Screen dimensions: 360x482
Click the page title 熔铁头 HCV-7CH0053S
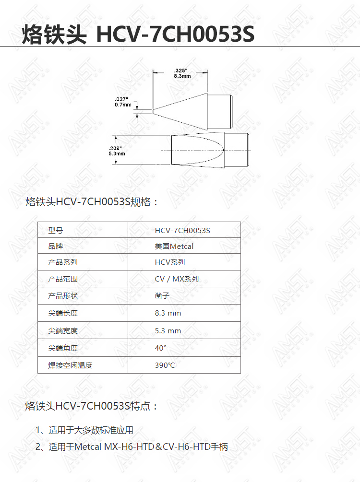(x=138, y=34)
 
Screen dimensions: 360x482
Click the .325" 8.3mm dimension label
(x=182, y=73)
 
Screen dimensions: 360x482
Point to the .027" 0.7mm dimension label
(x=123, y=102)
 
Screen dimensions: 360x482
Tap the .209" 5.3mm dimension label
(x=117, y=151)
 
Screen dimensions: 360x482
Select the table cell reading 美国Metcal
(x=174, y=246)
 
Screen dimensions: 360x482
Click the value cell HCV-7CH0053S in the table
(x=182, y=231)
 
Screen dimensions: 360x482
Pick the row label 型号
(x=55, y=231)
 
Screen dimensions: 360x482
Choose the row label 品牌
(x=55, y=246)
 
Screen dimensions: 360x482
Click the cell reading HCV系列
(x=170, y=262)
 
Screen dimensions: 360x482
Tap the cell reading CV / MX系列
(x=177, y=279)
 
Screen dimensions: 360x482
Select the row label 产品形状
(x=63, y=296)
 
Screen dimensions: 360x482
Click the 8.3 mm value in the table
(x=168, y=313)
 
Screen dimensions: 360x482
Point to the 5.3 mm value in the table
(x=168, y=331)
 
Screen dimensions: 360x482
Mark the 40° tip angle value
(x=161, y=348)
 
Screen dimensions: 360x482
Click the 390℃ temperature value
(x=165, y=365)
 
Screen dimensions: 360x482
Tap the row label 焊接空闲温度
(x=70, y=365)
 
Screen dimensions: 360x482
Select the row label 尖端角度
(x=63, y=348)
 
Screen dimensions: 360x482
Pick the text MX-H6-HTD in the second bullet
(x=129, y=447)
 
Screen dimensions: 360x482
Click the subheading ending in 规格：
(x=92, y=202)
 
